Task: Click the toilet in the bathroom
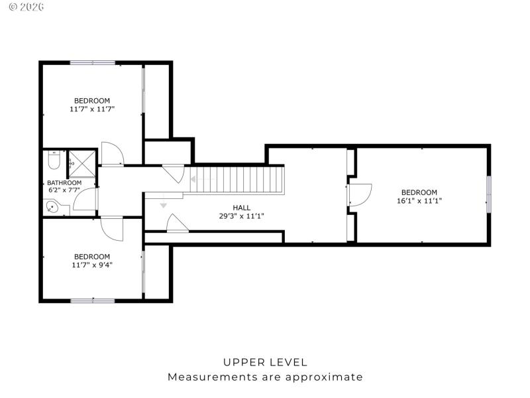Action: point(54,161)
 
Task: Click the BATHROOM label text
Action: point(64,183)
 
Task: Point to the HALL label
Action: point(241,208)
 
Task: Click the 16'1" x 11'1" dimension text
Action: point(419,200)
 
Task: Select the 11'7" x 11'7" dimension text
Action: point(92,109)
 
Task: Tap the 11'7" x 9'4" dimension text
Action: point(92,265)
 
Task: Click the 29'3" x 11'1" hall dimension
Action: point(241,216)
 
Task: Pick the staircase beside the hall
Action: point(237,180)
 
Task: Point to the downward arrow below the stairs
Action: point(164,205)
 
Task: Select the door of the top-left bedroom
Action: point(113,154)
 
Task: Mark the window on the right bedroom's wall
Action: point(489,194)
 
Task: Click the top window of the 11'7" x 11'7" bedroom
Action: point(93,63)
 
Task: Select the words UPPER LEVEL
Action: point(265,362)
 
